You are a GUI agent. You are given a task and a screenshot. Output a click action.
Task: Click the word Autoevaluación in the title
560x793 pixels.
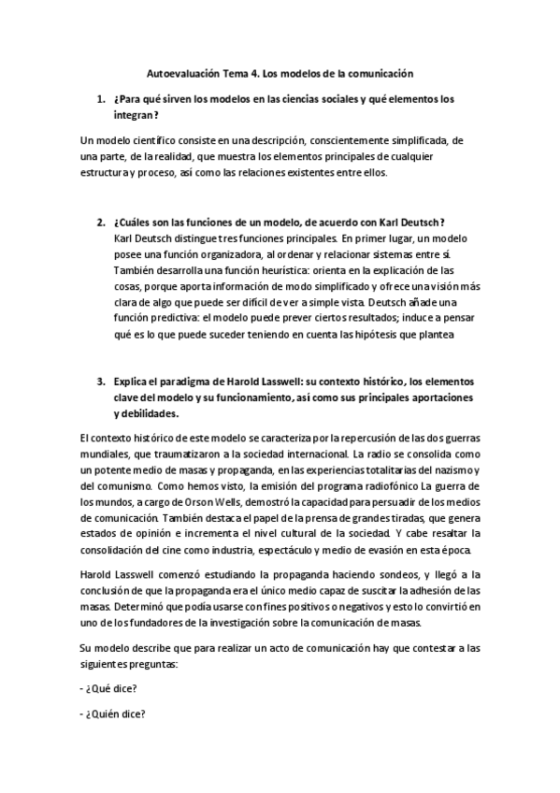coord(184,71)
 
